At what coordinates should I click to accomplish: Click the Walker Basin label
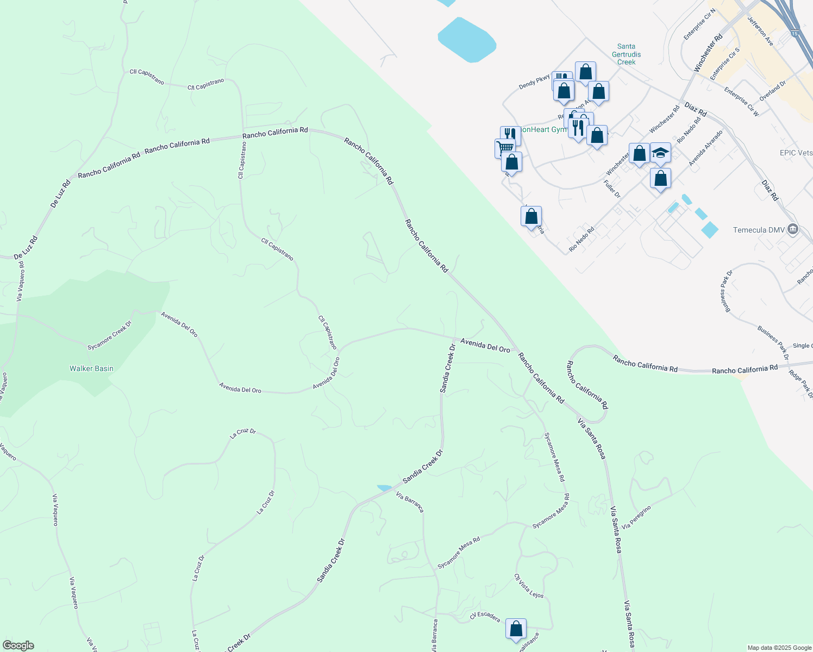click(91, 368)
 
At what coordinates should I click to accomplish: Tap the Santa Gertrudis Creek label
click(626, 54)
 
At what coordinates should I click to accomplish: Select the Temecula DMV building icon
click(793, 229)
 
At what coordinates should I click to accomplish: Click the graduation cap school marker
click(660, 153)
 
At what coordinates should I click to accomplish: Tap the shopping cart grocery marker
click(505, 147)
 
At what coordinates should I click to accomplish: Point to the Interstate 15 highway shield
click(795, 34)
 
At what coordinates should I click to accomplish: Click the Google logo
click(18, 645)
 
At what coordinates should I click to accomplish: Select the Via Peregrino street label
click(636, 518)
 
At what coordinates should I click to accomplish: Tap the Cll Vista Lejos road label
click(529, 586)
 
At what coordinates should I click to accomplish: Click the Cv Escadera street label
click(485, 617)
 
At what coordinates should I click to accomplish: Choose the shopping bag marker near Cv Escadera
click(516, 629)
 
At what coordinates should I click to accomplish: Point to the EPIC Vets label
click(796, 153)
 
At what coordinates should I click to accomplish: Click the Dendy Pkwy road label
click(534, 82)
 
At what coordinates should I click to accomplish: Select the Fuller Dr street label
click(612, 189)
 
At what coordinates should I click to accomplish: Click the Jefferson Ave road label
click(760, 31)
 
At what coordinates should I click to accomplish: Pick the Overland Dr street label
click(773, 91)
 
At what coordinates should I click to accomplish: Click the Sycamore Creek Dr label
click(110, 336)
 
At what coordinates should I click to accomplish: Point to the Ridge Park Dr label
click(801, 384)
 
